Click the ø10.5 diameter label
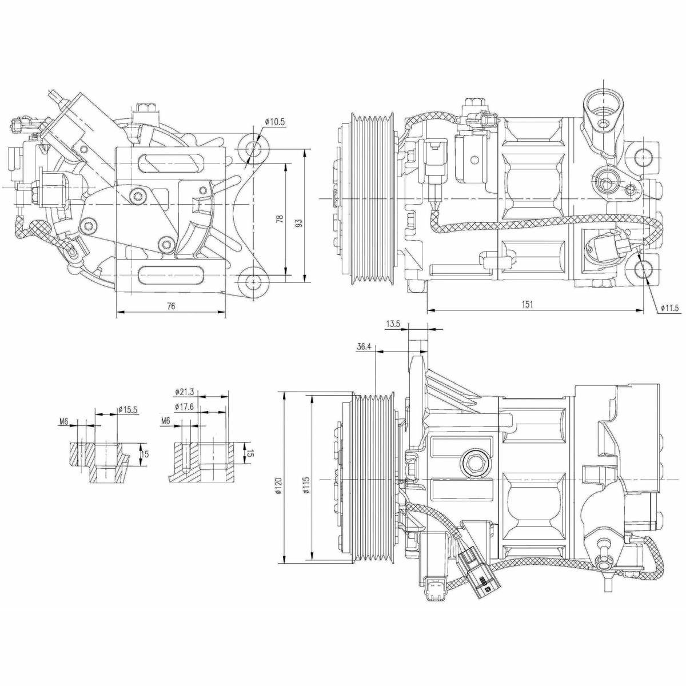pos(275,122)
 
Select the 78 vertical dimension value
pos(281,218)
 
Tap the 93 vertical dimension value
pos(299,223)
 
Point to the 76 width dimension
pos(171,306)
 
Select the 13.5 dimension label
pos(393,324)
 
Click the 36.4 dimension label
pos(364,346)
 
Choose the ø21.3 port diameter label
pos(185,392)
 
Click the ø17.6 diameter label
pos(185,406)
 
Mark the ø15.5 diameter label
pos(127,410)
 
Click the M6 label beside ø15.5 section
pos(63,422)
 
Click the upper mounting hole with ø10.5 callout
pos(253,147)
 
